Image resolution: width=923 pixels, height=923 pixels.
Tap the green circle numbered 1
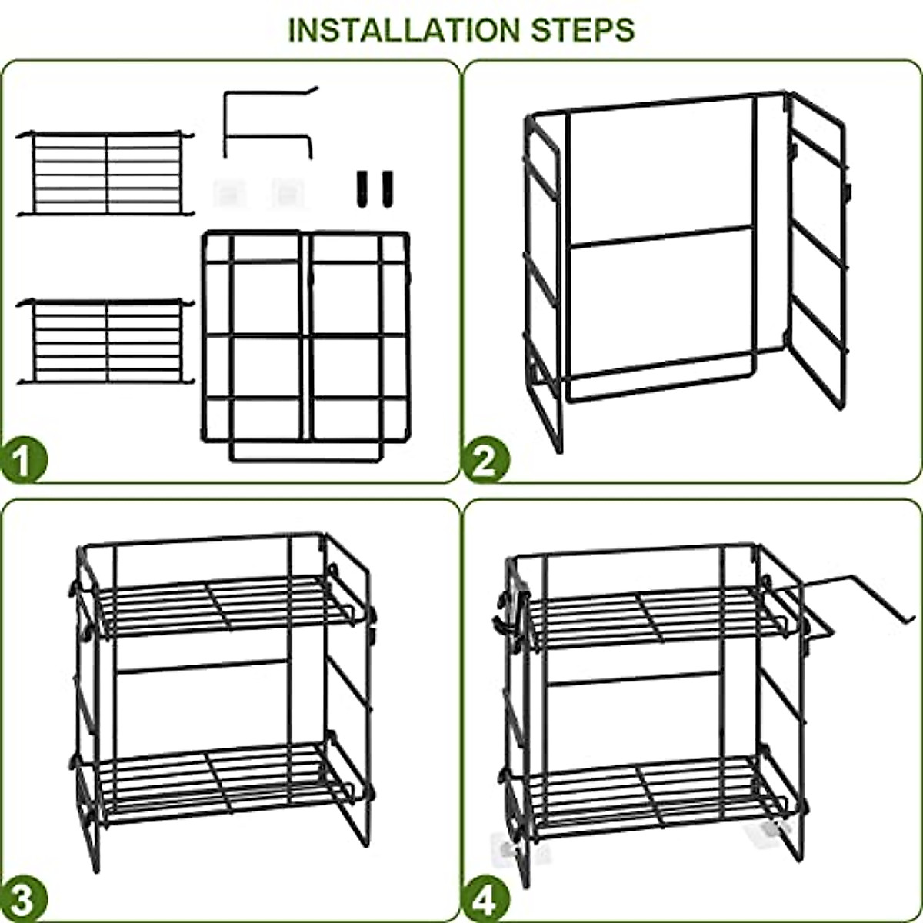pyautogui.click(x=24, y=461)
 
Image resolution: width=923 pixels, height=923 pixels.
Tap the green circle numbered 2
pyautogui.click(x=485, y=461)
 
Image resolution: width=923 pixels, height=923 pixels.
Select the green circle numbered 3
pyautogui.click(x=24, y=898)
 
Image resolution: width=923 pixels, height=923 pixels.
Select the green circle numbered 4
pyautogui.click(x=485, y=898)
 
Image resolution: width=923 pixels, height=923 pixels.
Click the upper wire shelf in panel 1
pyautogui.click(x=105, y=173)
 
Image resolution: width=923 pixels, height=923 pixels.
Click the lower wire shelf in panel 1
pyautogui.click(x=105, y=341)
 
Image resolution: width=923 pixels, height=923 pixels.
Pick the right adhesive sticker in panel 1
pyautogui.click(x=285, y=192)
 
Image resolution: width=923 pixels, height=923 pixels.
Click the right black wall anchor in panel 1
pyautogui.click(x=385, y=187)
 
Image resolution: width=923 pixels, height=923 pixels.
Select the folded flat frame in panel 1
pyautogui.click(x=305, y=342)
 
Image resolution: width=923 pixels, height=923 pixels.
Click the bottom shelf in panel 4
pyautogui.click(x=654, y=796)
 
